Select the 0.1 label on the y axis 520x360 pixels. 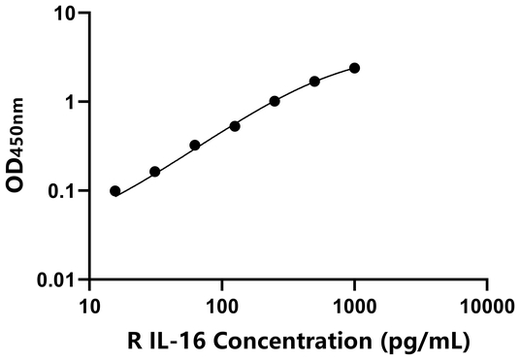63,191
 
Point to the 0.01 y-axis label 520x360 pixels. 58,280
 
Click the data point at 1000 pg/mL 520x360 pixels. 355,68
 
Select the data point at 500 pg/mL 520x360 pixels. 315,81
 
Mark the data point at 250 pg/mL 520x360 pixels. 276,101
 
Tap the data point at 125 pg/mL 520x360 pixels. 235,126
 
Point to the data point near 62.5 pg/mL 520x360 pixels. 195,146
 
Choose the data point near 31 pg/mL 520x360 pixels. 155,172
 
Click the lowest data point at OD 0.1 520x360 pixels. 115,191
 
